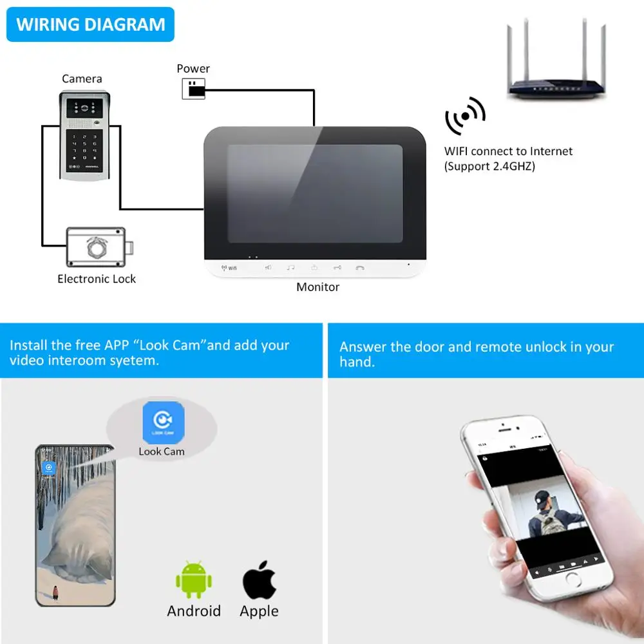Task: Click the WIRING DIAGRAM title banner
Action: click(x=90, y=25)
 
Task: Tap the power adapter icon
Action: click(x=194, y=89)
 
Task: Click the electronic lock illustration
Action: click(x=100, y=248)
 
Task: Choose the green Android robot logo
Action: click(x=194, y=580)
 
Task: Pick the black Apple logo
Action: click(x=260, y=580)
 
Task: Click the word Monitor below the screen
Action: click(x=317, y=287)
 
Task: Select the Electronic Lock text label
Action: click(x=97, y=279)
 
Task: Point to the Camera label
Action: click(x=82, y=79)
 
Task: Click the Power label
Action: click(x=193, y=68)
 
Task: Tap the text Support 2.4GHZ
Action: click(x=490, y=166)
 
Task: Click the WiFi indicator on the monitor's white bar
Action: click(x=229, y=267)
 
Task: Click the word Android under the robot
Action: click(x=194, y=611)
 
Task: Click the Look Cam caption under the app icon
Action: click(x=162, y=451)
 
